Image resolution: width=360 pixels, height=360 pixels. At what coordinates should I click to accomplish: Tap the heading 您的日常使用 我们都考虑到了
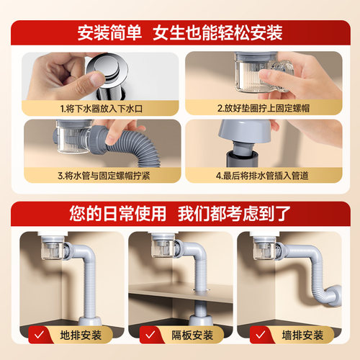pos(180,214)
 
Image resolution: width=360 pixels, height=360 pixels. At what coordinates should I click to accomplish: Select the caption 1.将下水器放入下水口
pos(96,107)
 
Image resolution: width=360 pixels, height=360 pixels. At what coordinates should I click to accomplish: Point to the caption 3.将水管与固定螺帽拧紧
pos(96,174)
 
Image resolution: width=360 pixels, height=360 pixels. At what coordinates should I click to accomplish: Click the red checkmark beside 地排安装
pos(40,333)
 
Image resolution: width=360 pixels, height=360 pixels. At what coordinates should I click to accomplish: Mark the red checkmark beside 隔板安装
pos(152,333)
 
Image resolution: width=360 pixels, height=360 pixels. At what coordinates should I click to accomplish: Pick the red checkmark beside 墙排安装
pos(264,333)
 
